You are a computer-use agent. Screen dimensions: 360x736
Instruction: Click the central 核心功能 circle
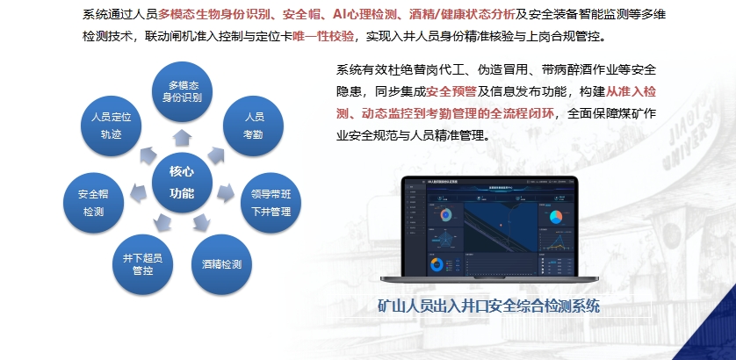point(182,180)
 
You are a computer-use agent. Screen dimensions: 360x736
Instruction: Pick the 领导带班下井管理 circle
point(271,203)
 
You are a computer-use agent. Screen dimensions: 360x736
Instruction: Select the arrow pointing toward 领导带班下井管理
point(226,190)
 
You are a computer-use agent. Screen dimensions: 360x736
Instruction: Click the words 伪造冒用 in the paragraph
point(483,69)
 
